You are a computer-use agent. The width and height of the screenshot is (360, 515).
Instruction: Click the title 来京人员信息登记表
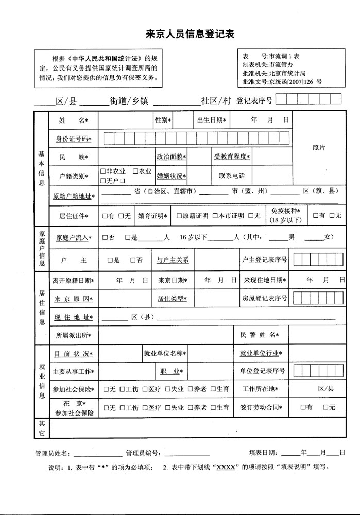pyautogui.click(x=190, y=35)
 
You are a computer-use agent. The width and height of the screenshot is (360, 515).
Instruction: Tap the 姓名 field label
pyautogui.click(x=73, y=120)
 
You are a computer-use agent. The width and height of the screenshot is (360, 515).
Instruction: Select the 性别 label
pyautogui.click(x=162, y=120)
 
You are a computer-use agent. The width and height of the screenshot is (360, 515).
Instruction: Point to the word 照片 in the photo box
pyautogui.click(x=319, y=147)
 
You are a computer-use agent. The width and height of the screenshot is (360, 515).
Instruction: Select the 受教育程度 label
pyautogui.click(x=232, y=157)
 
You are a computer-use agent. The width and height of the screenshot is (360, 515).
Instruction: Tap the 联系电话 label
pyautogui.click(x=232, y=176)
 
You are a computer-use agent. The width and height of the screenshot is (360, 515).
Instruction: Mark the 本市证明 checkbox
pyautogui.click(x=215, y=216)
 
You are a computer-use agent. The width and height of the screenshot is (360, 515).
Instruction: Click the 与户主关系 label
pyautogui.click(x=173, y=260)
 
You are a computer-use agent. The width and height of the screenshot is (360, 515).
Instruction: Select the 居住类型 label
pyautogui.click(x=172, y=299)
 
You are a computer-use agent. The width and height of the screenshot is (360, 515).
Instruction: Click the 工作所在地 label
pyautogui.click(x=264, y=389)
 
